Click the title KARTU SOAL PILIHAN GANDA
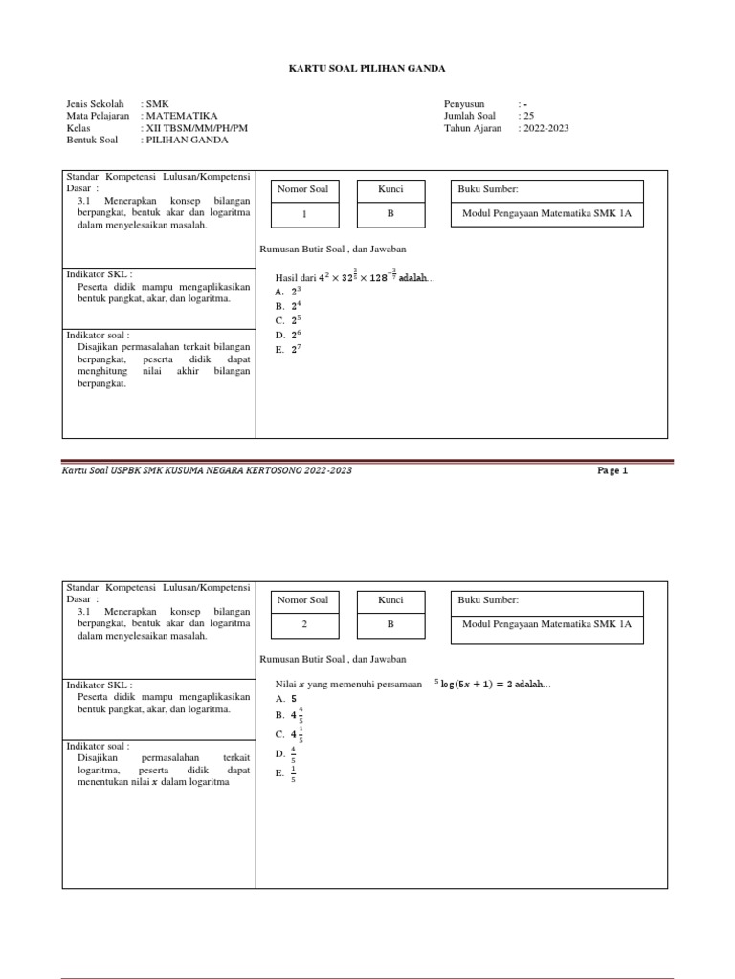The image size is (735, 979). click(x=367, y=69)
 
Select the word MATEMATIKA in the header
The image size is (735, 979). click(x=181, y=116)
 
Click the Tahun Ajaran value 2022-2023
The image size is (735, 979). click(x=543, y=128)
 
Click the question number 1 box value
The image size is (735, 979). click(x=303, y=214)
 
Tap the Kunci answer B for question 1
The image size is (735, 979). click(x=390, y=214)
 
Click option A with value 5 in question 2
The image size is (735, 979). click(x=287, y=699)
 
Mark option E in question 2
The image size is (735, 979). click(x=286, y=774)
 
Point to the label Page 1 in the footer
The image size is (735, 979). click(x=612, y=470)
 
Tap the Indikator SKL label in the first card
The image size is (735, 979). click(x=99, y=274)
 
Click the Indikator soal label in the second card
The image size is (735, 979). click(x=98, y=746)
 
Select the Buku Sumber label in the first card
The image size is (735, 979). click(x=490, y=189)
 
